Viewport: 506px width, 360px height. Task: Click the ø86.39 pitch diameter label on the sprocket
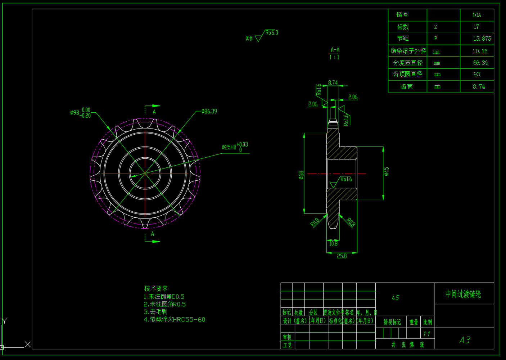[x=209, y=111]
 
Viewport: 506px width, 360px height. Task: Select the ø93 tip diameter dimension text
[x=81, y=113]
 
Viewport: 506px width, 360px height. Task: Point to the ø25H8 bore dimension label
[x=234, y=147]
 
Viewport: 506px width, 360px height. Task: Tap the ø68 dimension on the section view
[x=301, y=175]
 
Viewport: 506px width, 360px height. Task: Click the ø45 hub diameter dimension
[x=387, y=171]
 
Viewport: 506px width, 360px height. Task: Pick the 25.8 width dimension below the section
[x=342, y=256]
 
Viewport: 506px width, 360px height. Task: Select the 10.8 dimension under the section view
[x=333, y=244]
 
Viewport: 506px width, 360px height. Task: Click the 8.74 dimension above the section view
[x=333, y=83]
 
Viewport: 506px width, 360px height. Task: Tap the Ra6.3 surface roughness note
[x=272, y=33]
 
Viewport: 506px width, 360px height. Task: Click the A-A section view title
[x=335, y=50]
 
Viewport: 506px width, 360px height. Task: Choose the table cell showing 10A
[x=476, y=15]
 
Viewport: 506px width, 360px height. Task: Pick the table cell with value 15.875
[x=482, y=39]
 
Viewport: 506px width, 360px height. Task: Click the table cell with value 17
[x=476, y=27]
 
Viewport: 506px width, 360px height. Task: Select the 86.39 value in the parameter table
[x=480, y=63]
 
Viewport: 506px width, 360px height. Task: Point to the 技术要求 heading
[x=156, y=288]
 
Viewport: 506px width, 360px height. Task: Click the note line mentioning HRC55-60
[x=175, y=319]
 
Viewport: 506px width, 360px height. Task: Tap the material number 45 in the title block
[x=395, y=298]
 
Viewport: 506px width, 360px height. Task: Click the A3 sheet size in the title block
[x=465, y=340]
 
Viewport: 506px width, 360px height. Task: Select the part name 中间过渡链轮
[x=463, y=294]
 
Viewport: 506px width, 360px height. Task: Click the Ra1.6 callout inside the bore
[x=346, y=179]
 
